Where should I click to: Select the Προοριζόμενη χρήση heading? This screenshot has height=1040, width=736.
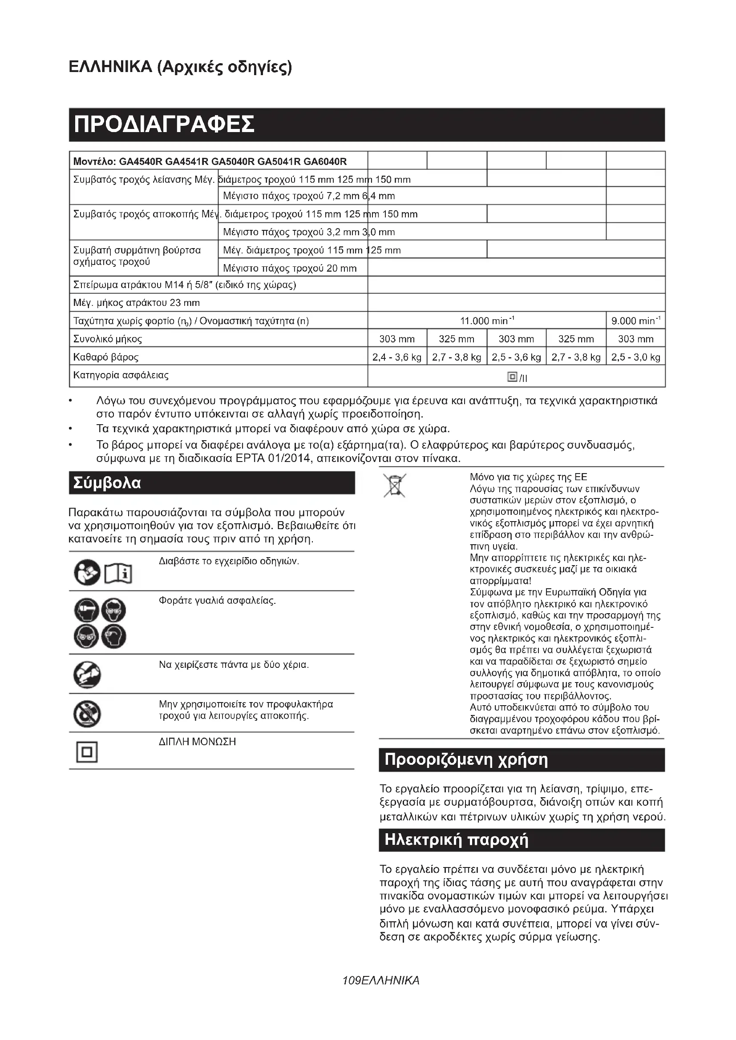[466, 759]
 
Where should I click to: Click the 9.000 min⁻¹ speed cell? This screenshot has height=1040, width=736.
[635, 321]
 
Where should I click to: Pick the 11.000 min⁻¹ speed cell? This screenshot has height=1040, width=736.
[487, 321]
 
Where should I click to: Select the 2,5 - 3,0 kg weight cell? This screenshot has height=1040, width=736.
[635, 357]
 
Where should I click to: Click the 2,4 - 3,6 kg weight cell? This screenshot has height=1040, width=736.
[396, 357]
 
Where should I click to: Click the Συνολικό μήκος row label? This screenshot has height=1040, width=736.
[108, 339]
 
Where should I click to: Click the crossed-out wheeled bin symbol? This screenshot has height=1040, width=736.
[394, 486]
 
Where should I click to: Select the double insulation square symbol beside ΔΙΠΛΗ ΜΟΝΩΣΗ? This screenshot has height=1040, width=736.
[87, 753]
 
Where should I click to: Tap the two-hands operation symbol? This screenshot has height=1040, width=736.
[87, 675]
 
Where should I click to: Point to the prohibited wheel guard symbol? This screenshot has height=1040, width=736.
[87, 714]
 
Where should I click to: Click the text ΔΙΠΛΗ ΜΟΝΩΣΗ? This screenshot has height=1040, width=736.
[197, 742]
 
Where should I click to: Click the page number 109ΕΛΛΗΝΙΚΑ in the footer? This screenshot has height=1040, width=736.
[381, 981]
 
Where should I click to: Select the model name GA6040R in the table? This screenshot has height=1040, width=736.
[325, 161]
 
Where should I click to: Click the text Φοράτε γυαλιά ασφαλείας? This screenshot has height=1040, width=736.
[217, 601]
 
